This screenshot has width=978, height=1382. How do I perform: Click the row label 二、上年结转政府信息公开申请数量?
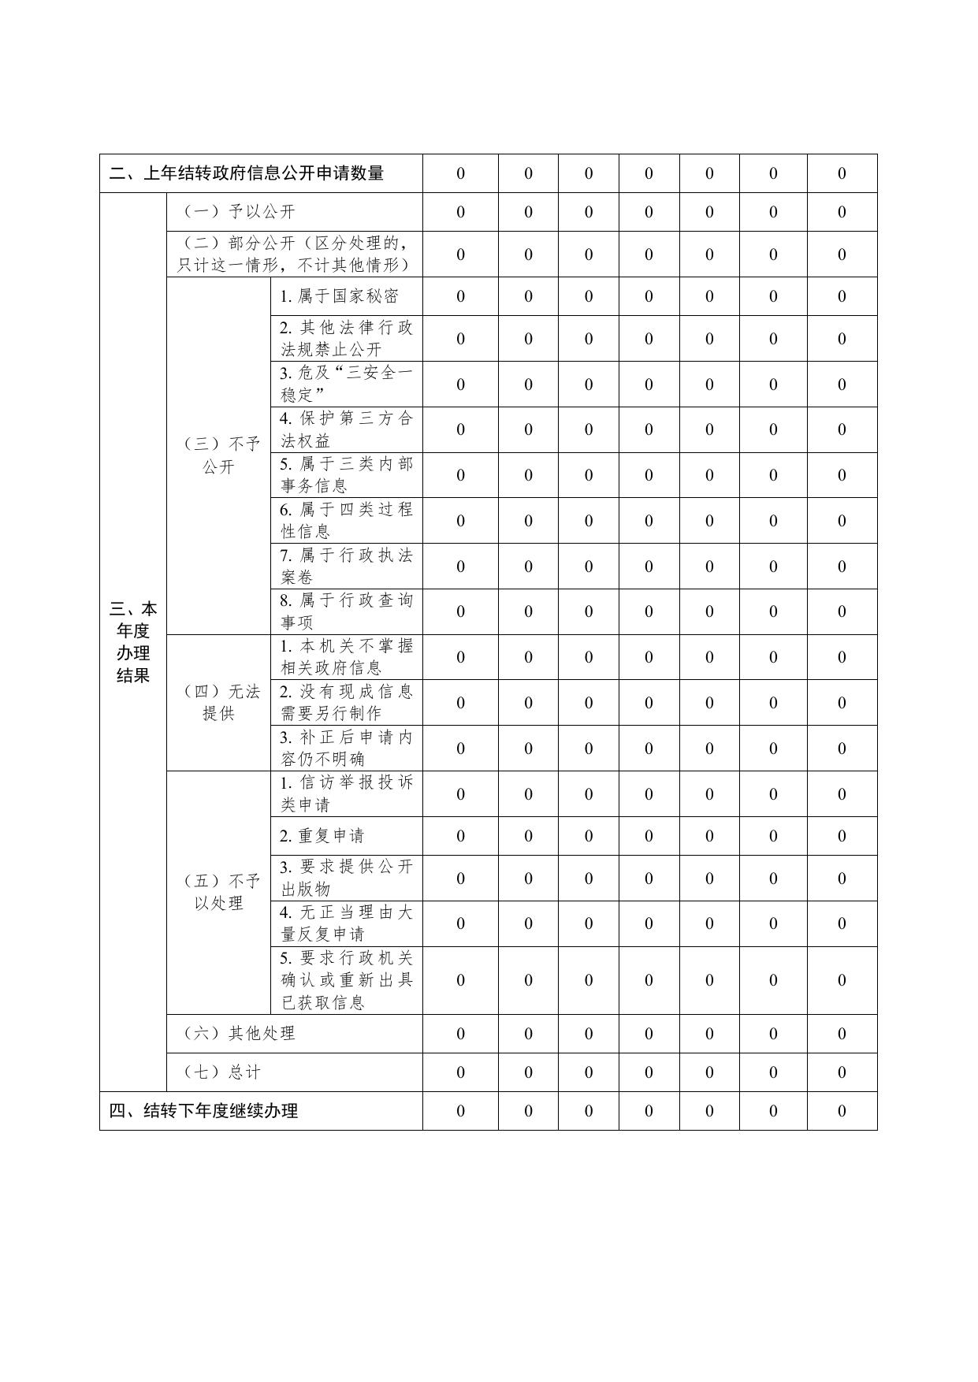coord(247,173)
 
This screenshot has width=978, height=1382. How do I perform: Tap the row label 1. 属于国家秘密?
coord(339,296)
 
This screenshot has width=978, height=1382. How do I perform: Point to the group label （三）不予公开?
coord(219,455)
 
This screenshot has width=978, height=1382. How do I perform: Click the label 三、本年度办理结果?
coord(133,642)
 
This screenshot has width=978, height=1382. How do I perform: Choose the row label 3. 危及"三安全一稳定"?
coord(346,384)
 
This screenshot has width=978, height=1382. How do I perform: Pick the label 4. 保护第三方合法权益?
coord(346,429)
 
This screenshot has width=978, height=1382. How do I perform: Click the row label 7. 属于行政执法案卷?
coord(346,566)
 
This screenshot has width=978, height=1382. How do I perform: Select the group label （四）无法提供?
coord(219,703)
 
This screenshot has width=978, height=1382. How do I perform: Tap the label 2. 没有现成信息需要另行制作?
coord(346,702)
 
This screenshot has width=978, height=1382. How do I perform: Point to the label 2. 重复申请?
coord(322,836)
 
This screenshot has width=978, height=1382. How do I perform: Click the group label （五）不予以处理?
coord(219,892)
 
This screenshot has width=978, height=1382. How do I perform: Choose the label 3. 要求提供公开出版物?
coord(346,878)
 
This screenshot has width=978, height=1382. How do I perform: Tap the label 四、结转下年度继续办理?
coord(203,1111)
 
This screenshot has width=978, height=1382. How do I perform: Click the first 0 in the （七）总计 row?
coord(460,1072)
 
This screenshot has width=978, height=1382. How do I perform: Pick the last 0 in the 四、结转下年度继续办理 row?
coord(842,1111)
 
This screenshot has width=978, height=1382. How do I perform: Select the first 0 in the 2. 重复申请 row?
coord(460,836)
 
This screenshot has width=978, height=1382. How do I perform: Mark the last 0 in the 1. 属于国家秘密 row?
coord(842,296)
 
